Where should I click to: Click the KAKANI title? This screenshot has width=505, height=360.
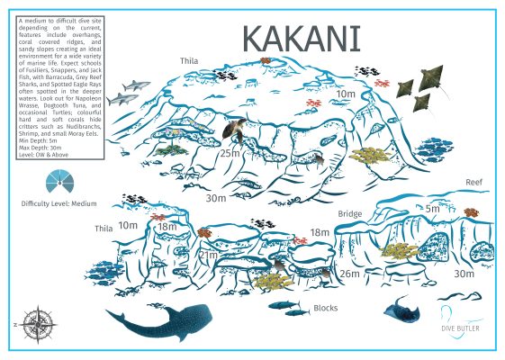[x=302, y=39]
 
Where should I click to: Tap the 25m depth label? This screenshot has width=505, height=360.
[x=230, y=153]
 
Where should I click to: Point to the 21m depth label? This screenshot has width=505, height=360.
[x=208, y=256]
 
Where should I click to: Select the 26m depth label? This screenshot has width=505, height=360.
[x=349, y=274]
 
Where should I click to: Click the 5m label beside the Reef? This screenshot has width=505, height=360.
[x=433, y=209]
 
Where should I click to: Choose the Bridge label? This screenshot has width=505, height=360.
[x=349, y=215]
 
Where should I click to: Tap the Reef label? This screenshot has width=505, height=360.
[x=474, y=182]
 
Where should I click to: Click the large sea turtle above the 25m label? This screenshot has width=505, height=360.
[x=235, y=131]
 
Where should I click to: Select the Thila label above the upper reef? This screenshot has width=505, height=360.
[x=189, y=62]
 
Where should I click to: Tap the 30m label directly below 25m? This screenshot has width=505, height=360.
[x=216, y=198]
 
